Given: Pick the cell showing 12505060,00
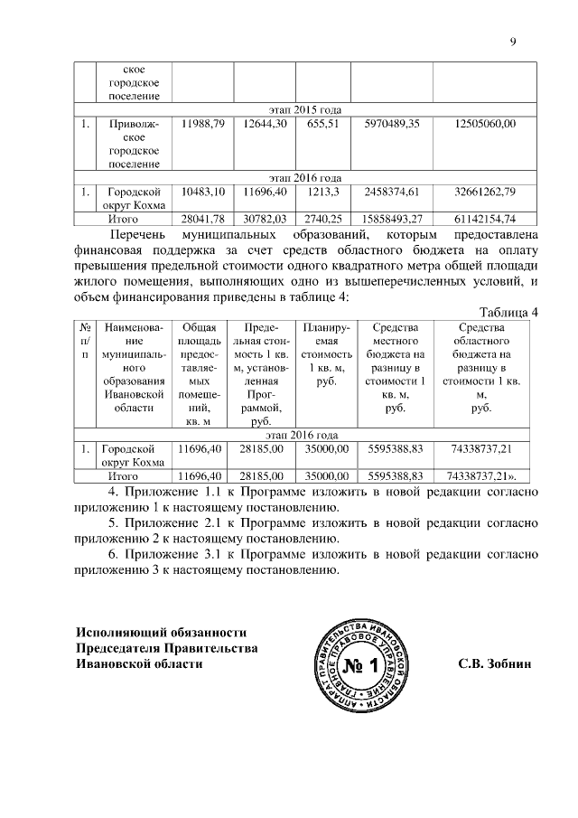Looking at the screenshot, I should pos(486,123).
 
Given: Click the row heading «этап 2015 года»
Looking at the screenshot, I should pos(306,108).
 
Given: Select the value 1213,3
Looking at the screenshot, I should pos(322,192).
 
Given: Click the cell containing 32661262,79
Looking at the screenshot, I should pos(486,192).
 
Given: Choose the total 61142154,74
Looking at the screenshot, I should pos(486,219).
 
